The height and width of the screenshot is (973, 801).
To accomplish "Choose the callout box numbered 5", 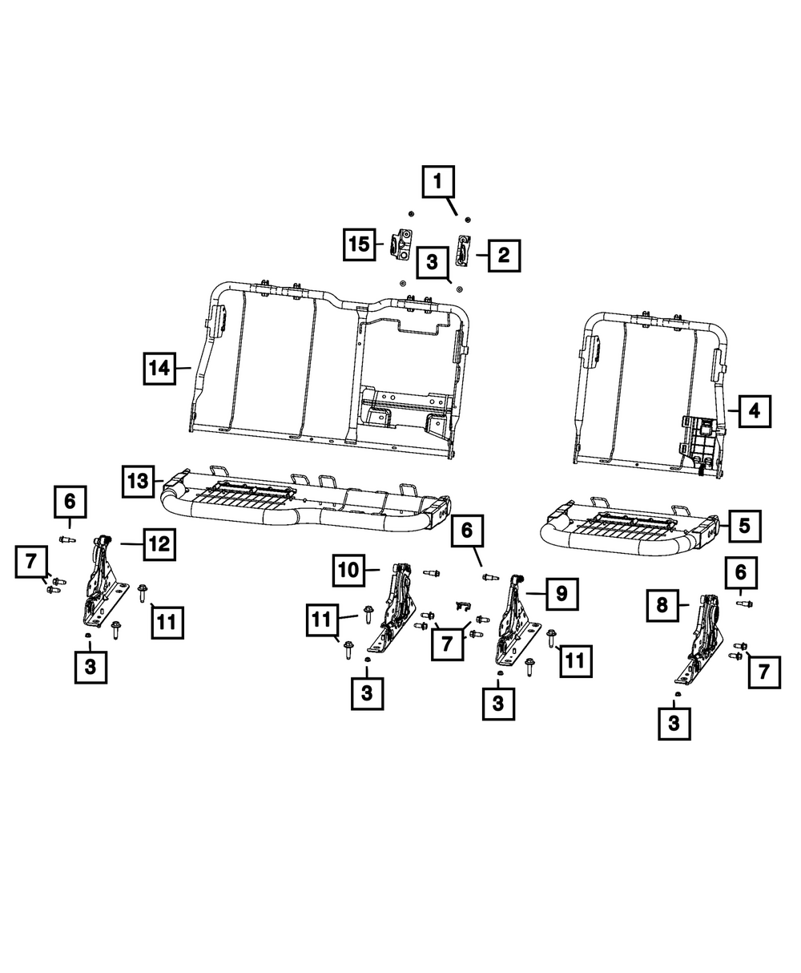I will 744,526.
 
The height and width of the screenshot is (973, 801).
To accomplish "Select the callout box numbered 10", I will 350,571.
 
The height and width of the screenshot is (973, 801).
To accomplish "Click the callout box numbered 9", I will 562,593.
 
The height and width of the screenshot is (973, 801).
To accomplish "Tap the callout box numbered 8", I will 662,605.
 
